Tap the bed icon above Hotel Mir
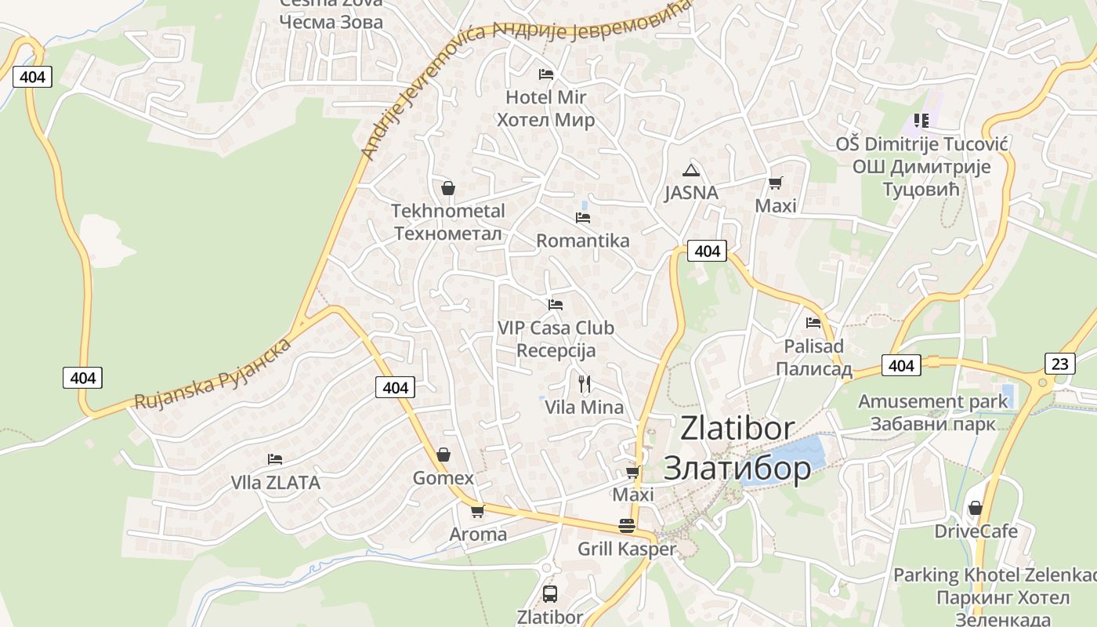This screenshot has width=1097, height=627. tap(546, 74)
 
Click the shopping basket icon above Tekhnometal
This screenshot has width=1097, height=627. tap(448, 188)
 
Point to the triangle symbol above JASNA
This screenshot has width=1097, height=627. tap(690, 170)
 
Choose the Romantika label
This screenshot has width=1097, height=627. tap(582, 241)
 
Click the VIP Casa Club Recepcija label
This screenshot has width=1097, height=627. tap(556, 339)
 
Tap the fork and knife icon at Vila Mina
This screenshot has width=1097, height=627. tap(584, 383)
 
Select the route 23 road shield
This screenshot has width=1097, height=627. tap(1059, 364)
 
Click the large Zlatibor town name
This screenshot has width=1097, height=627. tap(737, 448)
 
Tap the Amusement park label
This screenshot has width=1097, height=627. tap(932, 412)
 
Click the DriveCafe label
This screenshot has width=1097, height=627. tap(976, 531)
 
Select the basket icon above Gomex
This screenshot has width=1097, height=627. tap(444, 455)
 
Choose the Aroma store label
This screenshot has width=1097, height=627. tap(478, 535)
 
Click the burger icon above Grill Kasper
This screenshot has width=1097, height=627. tap(626, 525)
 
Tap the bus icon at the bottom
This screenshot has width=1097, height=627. tap(550, 593)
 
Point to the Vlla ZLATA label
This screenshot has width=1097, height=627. tap(275, 483)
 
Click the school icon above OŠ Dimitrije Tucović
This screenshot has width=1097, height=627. tap(921, 121)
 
